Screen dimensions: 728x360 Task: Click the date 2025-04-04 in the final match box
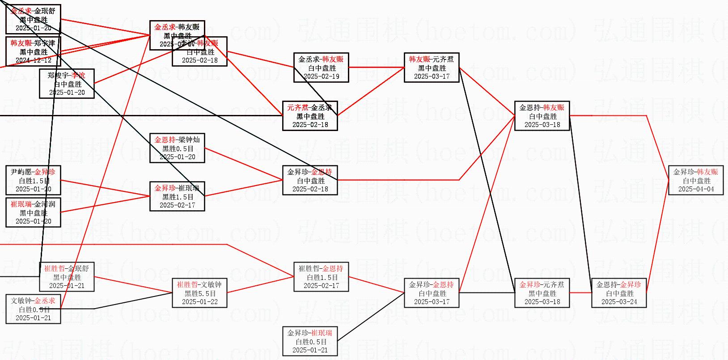click(x=696, y=189)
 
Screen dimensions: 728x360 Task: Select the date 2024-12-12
click(x=33, y=60)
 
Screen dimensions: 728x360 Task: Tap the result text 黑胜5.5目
click(x=200, y=293)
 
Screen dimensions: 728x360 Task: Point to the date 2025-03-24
click(x=619, y=302)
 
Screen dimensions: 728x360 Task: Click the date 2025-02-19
click(x=321, y=76)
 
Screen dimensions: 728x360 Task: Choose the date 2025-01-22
click(x=200, y=302)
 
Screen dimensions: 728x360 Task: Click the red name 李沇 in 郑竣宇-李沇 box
click(x=78, y=75)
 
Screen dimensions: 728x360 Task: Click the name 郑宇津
click(x=45, y=43)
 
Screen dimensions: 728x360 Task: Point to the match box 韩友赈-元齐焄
click(x=432, y=68)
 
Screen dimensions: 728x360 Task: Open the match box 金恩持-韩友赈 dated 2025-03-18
click(x=542, y=116)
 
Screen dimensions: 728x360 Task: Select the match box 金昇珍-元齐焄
click(x=542, y=293)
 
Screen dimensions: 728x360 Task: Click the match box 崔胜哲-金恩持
click(x=321, y=277)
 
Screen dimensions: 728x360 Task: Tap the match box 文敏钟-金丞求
click(x=33, y=309)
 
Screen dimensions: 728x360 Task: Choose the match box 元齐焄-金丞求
click(x=310, y=116)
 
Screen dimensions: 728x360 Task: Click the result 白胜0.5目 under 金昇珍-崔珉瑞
click(x=310, y=342)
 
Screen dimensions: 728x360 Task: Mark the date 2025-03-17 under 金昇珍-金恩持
click(x=432, y=302)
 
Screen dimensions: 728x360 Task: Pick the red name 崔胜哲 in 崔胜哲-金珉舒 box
click(x=55, y=269)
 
